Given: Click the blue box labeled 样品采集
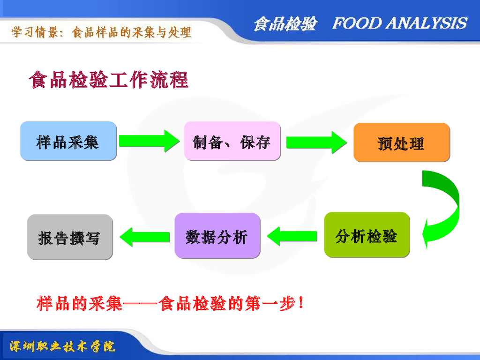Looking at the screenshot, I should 68,141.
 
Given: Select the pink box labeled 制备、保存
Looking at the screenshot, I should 232,141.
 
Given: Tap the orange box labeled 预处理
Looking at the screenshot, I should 401,142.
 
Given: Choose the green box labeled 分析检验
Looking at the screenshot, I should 367,235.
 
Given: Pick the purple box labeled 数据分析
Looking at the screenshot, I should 217,235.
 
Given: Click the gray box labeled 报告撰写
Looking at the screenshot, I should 70,237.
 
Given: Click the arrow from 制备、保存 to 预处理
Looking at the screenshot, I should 315,142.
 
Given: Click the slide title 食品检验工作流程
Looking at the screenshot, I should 108,80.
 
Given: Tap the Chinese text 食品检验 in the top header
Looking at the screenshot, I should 285,24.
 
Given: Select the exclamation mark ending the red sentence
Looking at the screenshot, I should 300,304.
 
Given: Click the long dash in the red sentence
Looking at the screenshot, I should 141,304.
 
